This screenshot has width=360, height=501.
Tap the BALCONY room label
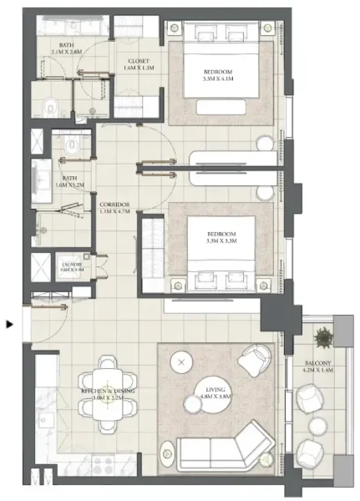tap(317, 363)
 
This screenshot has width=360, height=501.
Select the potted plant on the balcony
tap(323, 338)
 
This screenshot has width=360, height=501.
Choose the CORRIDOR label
tap(113, 204)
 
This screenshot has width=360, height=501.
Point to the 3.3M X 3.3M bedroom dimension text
tap(221, 240)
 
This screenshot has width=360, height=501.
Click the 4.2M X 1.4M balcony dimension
tap(317, 371)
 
